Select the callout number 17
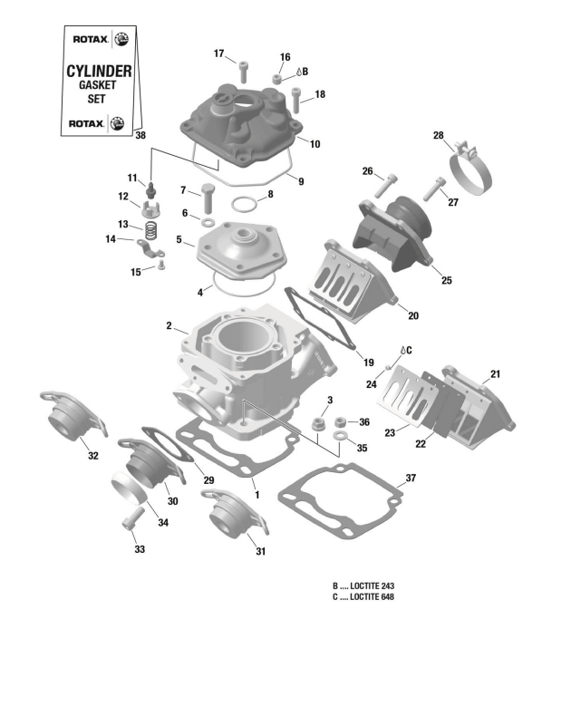218,53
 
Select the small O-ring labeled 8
246,204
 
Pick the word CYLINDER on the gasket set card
100,70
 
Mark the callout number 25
446,280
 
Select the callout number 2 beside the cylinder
169,325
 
